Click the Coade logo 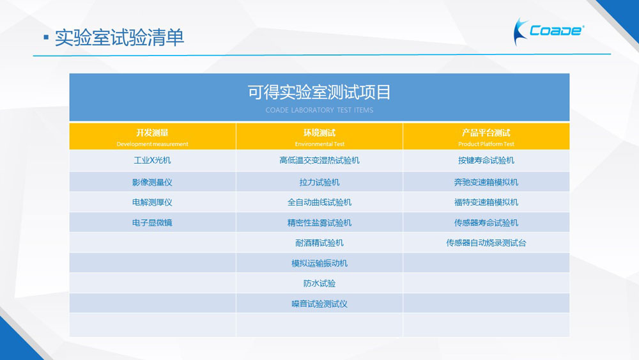coord(548,31)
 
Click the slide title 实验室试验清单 coord(119,38)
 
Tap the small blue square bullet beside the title coord(46,38)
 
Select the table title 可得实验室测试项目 coord(319,92)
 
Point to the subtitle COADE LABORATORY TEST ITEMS coord(319,110)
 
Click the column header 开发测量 coord(152,132)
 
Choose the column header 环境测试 coord(319,132)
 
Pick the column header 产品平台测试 coord(486,132)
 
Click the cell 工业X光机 coord(152,160)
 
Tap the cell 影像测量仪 coord(152,182)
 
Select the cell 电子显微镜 coord(152,223)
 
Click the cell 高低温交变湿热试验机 coord(319,160)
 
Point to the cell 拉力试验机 coord(319,182)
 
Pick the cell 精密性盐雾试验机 coord(319,223)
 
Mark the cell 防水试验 coord(319,283)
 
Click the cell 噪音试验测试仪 coord(319,304)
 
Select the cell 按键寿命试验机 coord(486,160)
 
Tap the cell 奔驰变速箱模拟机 coord(486,182)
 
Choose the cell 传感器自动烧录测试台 coord(486,243)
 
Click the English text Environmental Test coord(319,144)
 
